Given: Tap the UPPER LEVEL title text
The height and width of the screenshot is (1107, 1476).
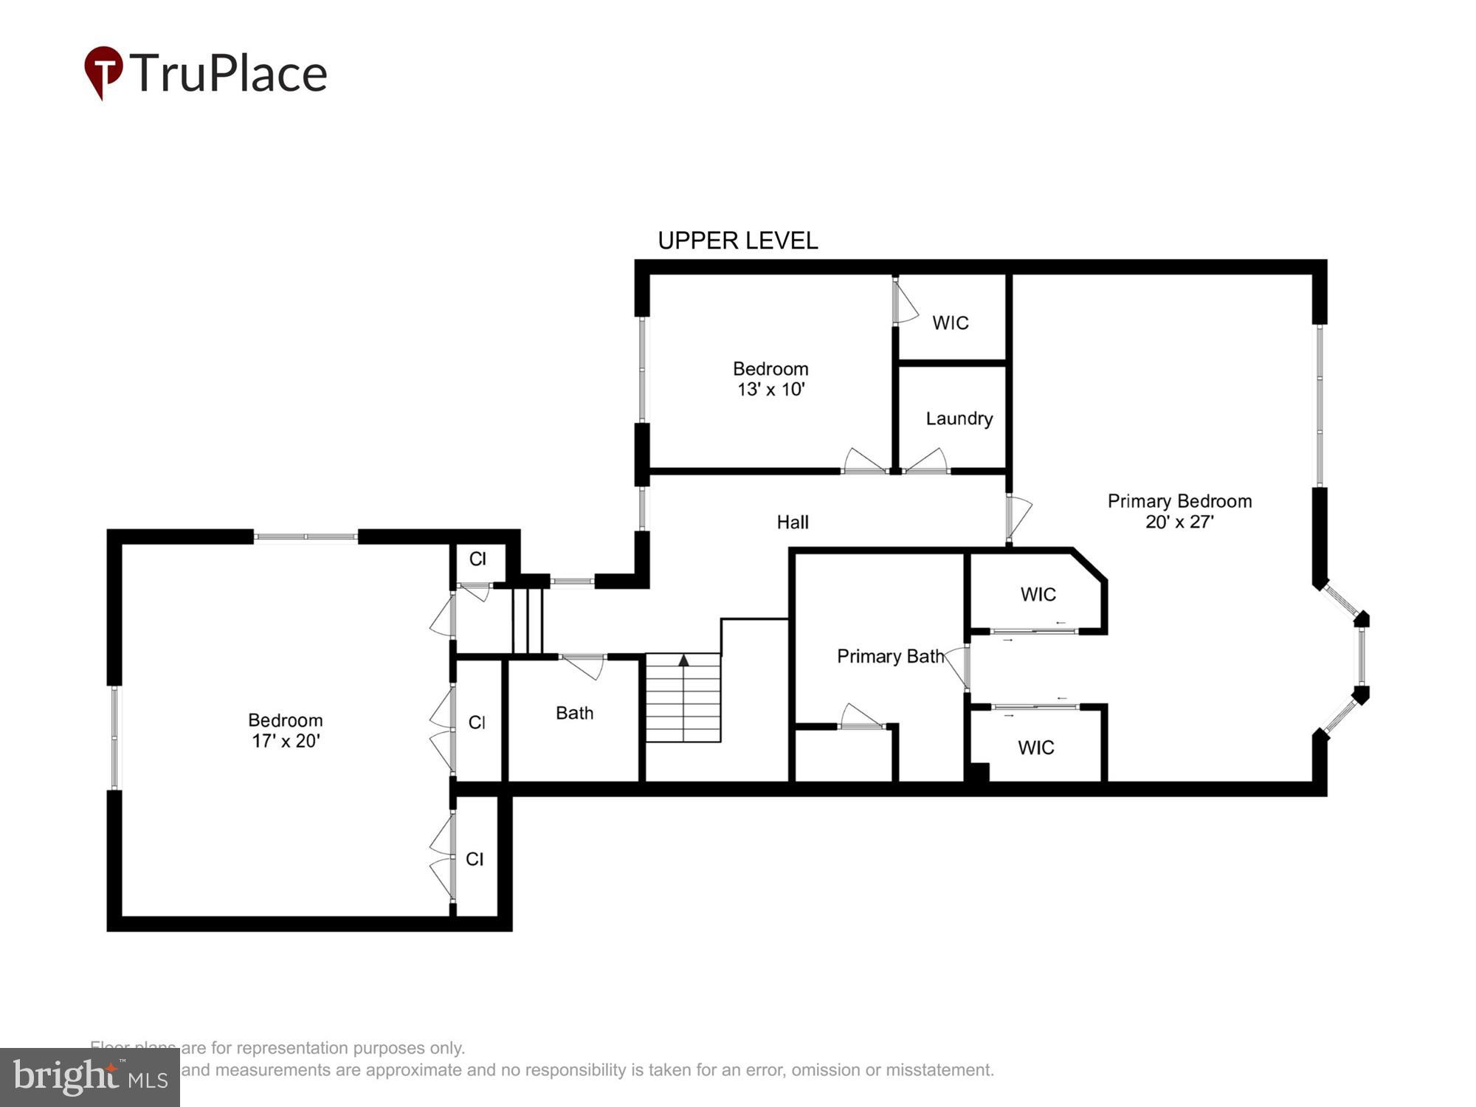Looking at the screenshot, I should tap(737, 241).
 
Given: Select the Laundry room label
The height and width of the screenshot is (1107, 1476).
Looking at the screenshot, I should tap(959, 418).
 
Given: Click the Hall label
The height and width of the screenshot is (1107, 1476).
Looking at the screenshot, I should tap(793, 523).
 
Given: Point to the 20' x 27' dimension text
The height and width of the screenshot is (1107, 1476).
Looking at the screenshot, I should tap(1179, 522).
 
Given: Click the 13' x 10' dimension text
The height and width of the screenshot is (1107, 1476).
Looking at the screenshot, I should tap(770, 390).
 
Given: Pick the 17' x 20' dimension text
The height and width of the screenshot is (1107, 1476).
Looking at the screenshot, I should tap(286, 741).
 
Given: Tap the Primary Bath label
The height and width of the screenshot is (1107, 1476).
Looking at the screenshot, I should tap(890, 656).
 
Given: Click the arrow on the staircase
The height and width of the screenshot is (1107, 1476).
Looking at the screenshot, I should tap(683, 661).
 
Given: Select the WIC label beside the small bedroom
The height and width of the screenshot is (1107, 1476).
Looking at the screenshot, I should tap(950, 323).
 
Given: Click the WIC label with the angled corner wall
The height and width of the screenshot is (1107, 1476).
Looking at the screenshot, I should tap(1038, 594).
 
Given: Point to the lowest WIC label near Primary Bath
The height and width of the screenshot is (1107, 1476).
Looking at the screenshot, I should tap(1035, 748).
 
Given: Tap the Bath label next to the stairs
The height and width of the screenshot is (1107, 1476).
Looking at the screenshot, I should tap(574, 713).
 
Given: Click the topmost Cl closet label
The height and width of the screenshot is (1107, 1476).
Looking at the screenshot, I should tap(477, 559).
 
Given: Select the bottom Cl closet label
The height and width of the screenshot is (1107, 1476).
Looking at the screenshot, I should tap(475, 859).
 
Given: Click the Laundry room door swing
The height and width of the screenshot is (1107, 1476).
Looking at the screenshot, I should tap(927, 461).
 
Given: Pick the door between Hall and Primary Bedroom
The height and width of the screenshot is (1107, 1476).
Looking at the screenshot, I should tap(1018, 517).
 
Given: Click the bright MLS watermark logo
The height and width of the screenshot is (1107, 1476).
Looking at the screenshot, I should tap(89, 1077).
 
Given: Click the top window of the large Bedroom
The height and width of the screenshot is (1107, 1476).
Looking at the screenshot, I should tap(306, 537).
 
